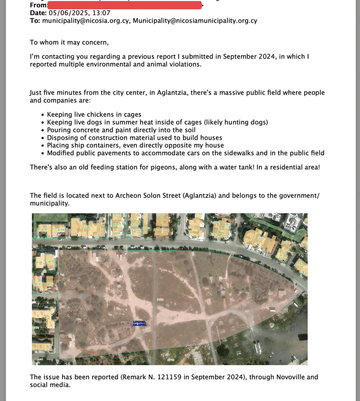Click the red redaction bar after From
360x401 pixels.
pos(125,5)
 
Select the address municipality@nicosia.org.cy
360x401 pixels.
pos(86,21)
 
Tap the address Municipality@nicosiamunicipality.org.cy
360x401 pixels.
pos(195,21)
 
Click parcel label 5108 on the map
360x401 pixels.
pos(86,228)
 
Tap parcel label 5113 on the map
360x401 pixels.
pos(260,239)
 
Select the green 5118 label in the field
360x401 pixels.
pos(160,300)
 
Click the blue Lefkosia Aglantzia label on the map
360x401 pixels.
pos(139,323)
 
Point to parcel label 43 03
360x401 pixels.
pos(44,230)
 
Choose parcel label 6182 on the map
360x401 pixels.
pos(299,264)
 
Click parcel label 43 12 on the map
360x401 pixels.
pos(50,284)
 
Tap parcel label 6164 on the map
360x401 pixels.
pos(215,223)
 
